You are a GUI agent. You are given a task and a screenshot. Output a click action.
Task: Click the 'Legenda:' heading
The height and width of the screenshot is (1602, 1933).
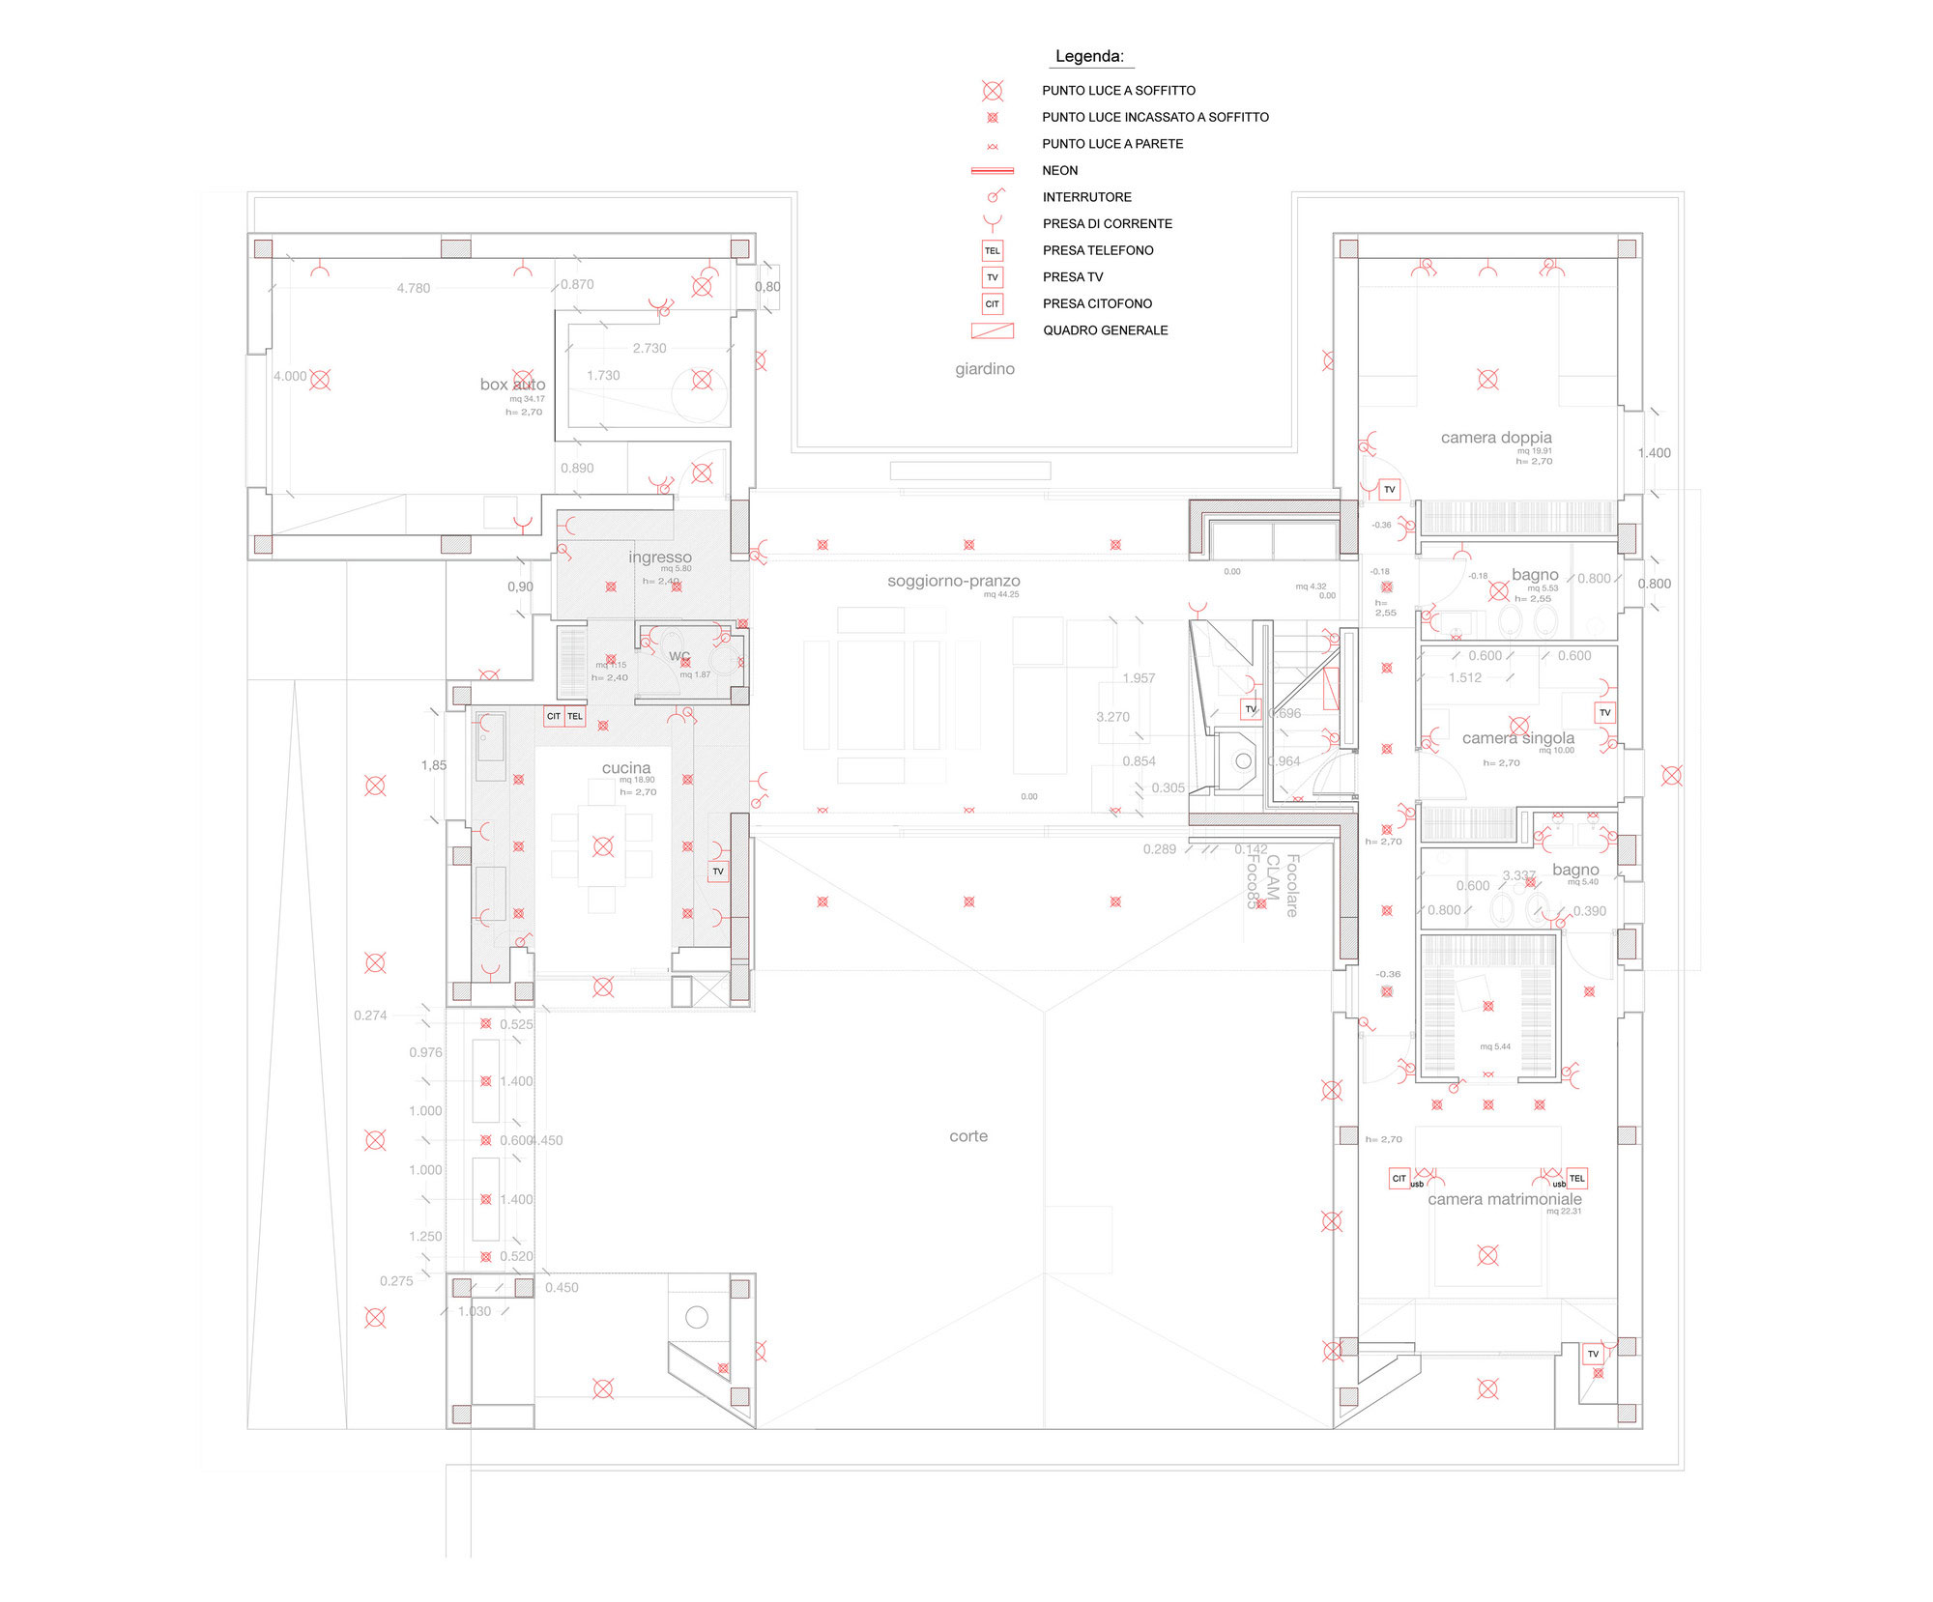pyautogui.click(x=1089, y=56)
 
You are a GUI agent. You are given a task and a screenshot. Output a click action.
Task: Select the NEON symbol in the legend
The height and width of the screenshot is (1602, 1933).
pyautogui.click(x=993, y=171)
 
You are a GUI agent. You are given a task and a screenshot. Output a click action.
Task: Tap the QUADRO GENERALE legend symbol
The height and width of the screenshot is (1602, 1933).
pyautogui.click(x=993, y=330)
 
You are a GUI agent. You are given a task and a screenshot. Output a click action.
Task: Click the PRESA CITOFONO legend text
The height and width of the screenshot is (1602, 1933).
pyautogui.click(x=1097, y=303)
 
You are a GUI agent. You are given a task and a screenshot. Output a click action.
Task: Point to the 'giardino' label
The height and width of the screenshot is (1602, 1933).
pyautogui.click(x=985, y=369)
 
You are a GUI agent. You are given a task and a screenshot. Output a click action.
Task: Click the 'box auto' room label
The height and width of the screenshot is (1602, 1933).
pyautogui.click(x=512, y=385)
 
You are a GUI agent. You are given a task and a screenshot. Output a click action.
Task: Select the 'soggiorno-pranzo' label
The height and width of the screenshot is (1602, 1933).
pyautogui.click(x=954, y=581)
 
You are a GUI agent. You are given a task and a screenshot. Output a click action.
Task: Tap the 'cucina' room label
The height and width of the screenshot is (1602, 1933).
pyautogui.click(x=626, y=768)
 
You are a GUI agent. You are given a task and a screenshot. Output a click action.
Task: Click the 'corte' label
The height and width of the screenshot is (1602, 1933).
pyautogui.click(x=968, y=1136)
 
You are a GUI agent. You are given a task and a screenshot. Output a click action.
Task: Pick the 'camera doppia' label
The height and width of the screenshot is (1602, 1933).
pyautogui.click(x=1496, y=438)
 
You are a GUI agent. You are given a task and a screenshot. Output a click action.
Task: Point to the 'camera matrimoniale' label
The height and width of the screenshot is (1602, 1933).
pyautogui.click(x=1505, y=1199)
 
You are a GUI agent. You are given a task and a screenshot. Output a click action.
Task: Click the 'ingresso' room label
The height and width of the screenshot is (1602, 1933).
pyautogui.click(x=660, y=558)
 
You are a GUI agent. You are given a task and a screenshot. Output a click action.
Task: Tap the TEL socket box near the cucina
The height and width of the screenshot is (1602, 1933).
pyautogui.click(x=575, y=716)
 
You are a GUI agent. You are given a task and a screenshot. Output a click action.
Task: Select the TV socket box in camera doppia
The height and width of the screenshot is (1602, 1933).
pyautogui.click(x=1390, y=490)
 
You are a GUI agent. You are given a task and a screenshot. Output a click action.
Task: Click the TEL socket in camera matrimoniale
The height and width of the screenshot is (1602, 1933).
pyautogui.click(x=1577, y=1178)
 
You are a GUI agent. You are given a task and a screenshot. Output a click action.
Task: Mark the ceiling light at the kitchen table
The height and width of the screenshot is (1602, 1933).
pyautogui.click(x=603, y=847)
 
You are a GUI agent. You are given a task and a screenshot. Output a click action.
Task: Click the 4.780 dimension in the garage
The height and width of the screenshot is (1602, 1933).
pyautogui.click(x=414, y=288)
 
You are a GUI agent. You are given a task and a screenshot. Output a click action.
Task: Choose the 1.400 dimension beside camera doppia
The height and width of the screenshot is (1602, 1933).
pyautogui.click(x=1654, y=453)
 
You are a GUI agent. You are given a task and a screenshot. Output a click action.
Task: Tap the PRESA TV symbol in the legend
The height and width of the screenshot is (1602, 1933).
pyautogui.click(x=993, y=277)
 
